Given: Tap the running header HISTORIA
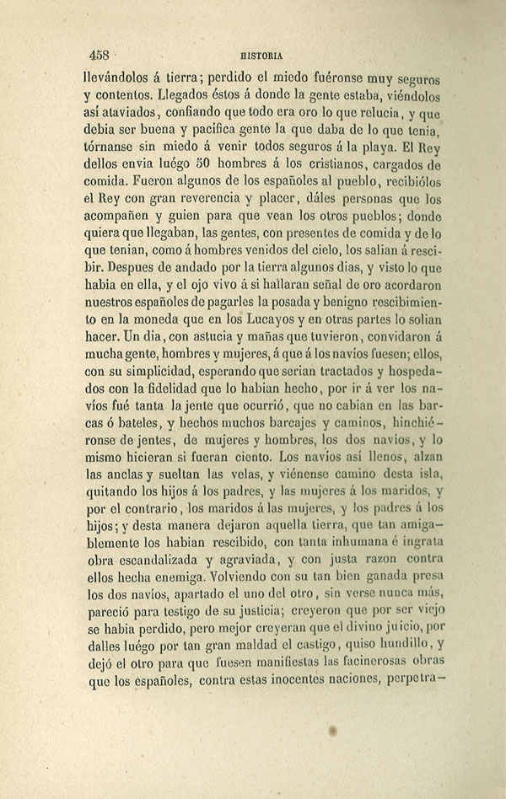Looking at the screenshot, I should click(x=260, y=55).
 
